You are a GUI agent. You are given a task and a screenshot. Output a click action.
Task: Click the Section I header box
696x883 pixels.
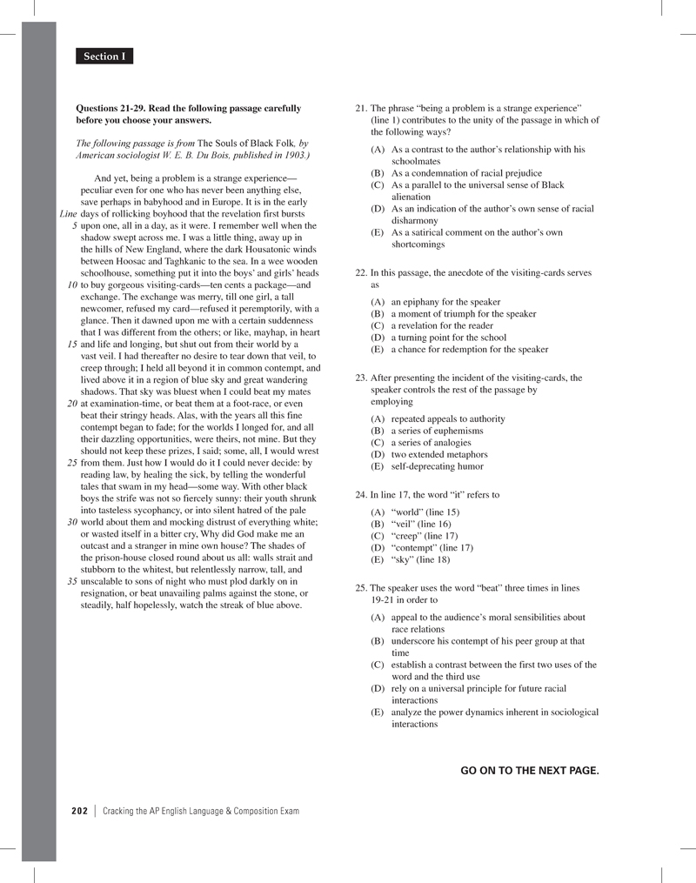click(104, 57)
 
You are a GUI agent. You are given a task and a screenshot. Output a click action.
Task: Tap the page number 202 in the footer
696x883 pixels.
click(80, 811)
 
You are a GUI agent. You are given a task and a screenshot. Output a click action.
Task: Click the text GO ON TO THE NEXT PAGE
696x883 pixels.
click(529, 770)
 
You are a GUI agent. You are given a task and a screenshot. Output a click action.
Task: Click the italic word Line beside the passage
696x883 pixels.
click(69, 214)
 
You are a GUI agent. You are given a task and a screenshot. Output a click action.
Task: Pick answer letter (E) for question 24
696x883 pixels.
click(378, 560)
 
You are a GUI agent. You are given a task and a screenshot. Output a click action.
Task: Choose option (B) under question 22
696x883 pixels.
click(378, 314)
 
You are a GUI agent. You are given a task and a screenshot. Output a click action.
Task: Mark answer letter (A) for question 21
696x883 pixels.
click(378, 150)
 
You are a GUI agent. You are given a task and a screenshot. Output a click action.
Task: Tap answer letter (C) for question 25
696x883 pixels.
click(378, 665)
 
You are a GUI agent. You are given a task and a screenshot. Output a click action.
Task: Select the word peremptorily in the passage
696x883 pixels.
click(265, 309)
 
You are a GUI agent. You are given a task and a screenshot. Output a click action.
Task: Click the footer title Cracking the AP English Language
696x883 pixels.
click(201, 811)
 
